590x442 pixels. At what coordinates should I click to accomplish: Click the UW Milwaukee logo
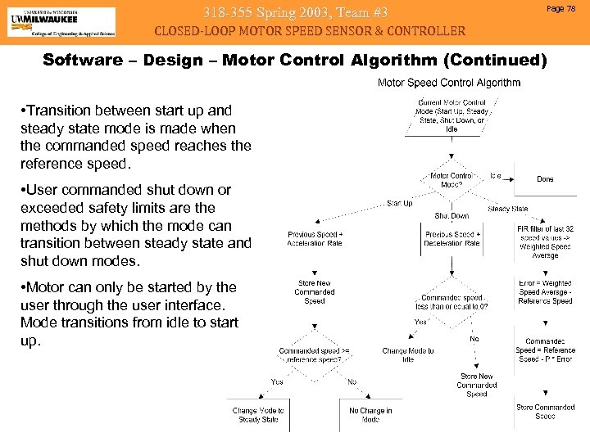(61, 21)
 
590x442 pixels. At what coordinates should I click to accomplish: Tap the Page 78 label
(566, 7)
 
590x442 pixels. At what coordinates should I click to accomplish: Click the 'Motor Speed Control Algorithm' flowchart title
(448, 83)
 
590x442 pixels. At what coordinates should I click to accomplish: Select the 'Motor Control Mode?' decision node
(451, 180)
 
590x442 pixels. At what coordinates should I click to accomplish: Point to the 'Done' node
(545, 178)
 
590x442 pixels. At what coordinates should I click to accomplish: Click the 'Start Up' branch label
(399, 203)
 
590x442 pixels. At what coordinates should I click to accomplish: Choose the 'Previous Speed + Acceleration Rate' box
(315, 238)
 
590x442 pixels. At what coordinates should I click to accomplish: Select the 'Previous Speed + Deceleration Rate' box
(452, 238)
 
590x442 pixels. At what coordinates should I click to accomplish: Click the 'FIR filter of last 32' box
(545, 241)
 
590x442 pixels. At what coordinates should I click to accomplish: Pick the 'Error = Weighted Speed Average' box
(545, 292)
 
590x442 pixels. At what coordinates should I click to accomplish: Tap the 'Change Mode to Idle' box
(408, 354)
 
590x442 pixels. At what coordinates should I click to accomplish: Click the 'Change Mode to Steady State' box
(258, 415)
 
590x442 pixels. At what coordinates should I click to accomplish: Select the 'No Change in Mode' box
(370, 415)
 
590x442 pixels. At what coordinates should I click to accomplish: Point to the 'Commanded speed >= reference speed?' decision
(314, 354)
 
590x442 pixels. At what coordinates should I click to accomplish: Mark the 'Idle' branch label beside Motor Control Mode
(496, 176)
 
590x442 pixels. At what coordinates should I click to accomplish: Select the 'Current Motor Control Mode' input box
(452, 116)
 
